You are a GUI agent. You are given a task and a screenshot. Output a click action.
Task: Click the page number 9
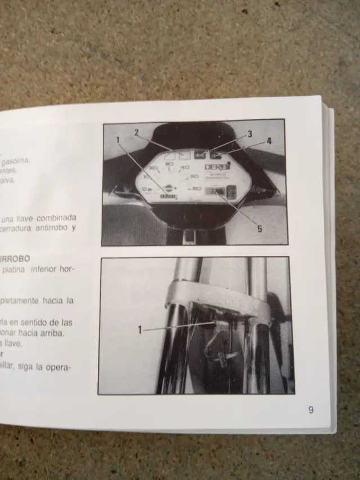coord(310,410)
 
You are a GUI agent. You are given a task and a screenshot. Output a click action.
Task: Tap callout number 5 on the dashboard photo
coord(259,228)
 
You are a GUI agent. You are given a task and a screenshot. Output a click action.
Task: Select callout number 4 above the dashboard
coord(269,141)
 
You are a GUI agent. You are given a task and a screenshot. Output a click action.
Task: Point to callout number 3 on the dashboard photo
coord(249,134)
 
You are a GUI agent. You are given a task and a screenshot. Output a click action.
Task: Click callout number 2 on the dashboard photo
coord(136,133)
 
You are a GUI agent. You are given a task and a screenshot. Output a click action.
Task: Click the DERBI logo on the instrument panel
coord(214,167)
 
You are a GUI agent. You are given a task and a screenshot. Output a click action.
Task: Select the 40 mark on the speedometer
coord(184,167)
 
